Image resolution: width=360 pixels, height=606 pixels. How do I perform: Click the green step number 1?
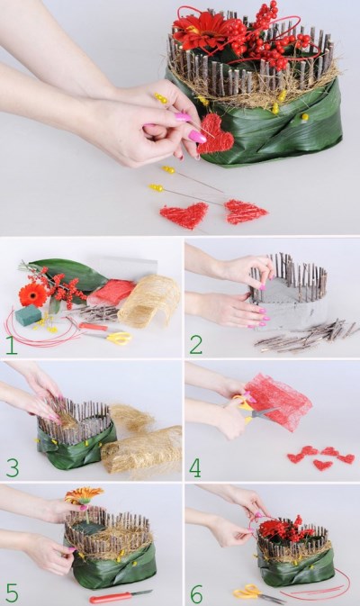[x=11, y=346]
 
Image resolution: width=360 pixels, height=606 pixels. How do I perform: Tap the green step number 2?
[x=195, y=346]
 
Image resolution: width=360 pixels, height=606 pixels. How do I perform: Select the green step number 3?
[x=13, y=467]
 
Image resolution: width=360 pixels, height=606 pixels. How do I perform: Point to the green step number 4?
[x=195, y=467]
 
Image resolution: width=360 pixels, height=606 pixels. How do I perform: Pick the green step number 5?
[x=12, y=592]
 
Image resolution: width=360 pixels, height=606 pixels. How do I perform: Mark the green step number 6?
[x=196, y=592]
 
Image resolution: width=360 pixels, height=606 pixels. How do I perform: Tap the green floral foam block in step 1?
[x=28, y=315]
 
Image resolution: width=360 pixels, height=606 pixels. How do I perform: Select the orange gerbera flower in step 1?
[x=32, y=294]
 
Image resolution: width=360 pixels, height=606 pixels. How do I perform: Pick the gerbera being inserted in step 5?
[x=84, y=496]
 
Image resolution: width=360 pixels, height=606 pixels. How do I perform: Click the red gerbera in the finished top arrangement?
[x=201, y=31]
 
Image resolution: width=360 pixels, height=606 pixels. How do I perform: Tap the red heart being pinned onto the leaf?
[x=215, y=134]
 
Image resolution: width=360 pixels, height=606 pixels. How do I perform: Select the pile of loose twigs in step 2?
[x=305, y=335]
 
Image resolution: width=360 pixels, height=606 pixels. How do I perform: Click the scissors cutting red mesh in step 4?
[x=252, y=411]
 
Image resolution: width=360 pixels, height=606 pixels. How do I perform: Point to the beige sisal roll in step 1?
[x=149, y=301]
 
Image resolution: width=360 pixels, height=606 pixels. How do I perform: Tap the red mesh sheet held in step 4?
[x=277, y=402]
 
